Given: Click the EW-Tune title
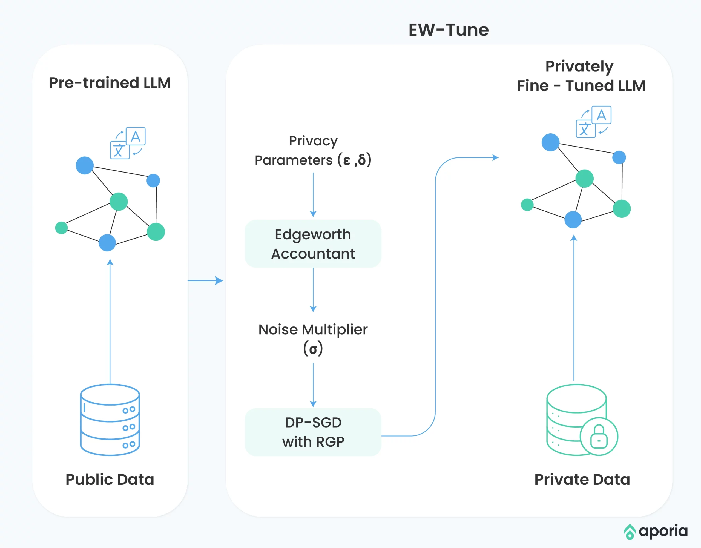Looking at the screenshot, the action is point(449,30).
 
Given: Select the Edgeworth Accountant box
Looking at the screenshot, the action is point(313,244).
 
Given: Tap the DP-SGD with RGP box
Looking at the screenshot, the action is point(313,432).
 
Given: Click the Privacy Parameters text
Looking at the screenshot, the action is point(313,151).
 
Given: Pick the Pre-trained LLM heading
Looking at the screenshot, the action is point(110,83).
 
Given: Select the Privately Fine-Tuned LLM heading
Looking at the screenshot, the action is point(581,76).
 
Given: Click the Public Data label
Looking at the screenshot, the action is point(110,479).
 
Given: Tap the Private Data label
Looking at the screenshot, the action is point(582,479).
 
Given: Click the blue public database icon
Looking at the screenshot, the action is point(110,420).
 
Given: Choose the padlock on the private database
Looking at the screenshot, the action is point(599,436).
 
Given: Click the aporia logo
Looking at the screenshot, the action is point(656,531).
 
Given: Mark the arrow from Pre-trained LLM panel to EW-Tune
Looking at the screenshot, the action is point(205,281).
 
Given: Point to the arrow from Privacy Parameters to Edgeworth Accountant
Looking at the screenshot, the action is point(313,195).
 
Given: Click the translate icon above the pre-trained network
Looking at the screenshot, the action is point(128,143).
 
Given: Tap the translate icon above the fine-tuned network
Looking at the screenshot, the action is point(593,122).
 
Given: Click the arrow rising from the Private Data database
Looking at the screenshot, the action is point(574,308).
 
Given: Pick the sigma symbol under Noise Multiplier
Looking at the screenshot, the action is point(313,349).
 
